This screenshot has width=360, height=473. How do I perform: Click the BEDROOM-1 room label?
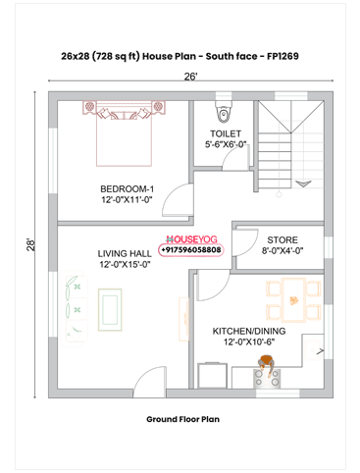click(x=128, y=188)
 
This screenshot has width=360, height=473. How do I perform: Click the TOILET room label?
click(x=226, y=132)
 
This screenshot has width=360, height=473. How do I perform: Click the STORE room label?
click(x=283, y=238)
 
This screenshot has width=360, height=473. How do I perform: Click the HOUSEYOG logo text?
click(x=192, y=238)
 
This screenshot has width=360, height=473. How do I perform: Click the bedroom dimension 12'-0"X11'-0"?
click(x=128, y=200)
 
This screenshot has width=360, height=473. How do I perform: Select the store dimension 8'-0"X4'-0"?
click(x=283, y=250)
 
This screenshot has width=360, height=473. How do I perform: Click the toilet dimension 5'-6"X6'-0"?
click(x=226, y=144)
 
